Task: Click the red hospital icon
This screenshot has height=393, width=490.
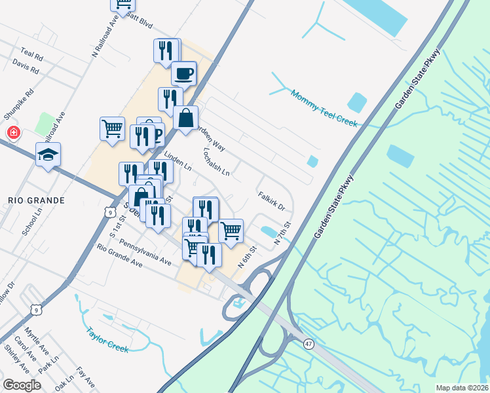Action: (x=12, y=133)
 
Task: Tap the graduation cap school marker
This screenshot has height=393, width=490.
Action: (x=48, y=155)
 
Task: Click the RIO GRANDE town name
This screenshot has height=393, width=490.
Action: (x=37, y=200)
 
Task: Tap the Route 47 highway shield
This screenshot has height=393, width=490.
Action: (x=308, y=343)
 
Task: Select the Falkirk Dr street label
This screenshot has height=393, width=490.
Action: (x=271, y=200)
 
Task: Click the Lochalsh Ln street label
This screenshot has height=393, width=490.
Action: (x=216, y=162)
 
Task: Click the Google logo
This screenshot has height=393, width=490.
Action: (x=22, y=384)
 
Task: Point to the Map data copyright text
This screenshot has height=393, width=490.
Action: (x=462, y=388)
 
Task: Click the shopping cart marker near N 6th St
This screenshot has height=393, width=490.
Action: (x=231, y=230)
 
